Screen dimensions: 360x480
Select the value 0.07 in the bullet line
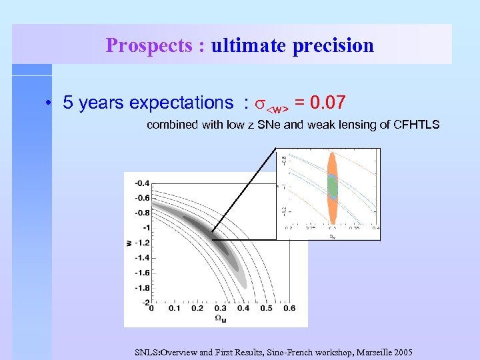tap(323, 103)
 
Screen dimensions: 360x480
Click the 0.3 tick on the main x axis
tap(220, 309)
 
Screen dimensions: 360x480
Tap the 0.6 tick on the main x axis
tap(289, 309)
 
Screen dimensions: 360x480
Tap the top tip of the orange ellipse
tap(333, 153)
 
